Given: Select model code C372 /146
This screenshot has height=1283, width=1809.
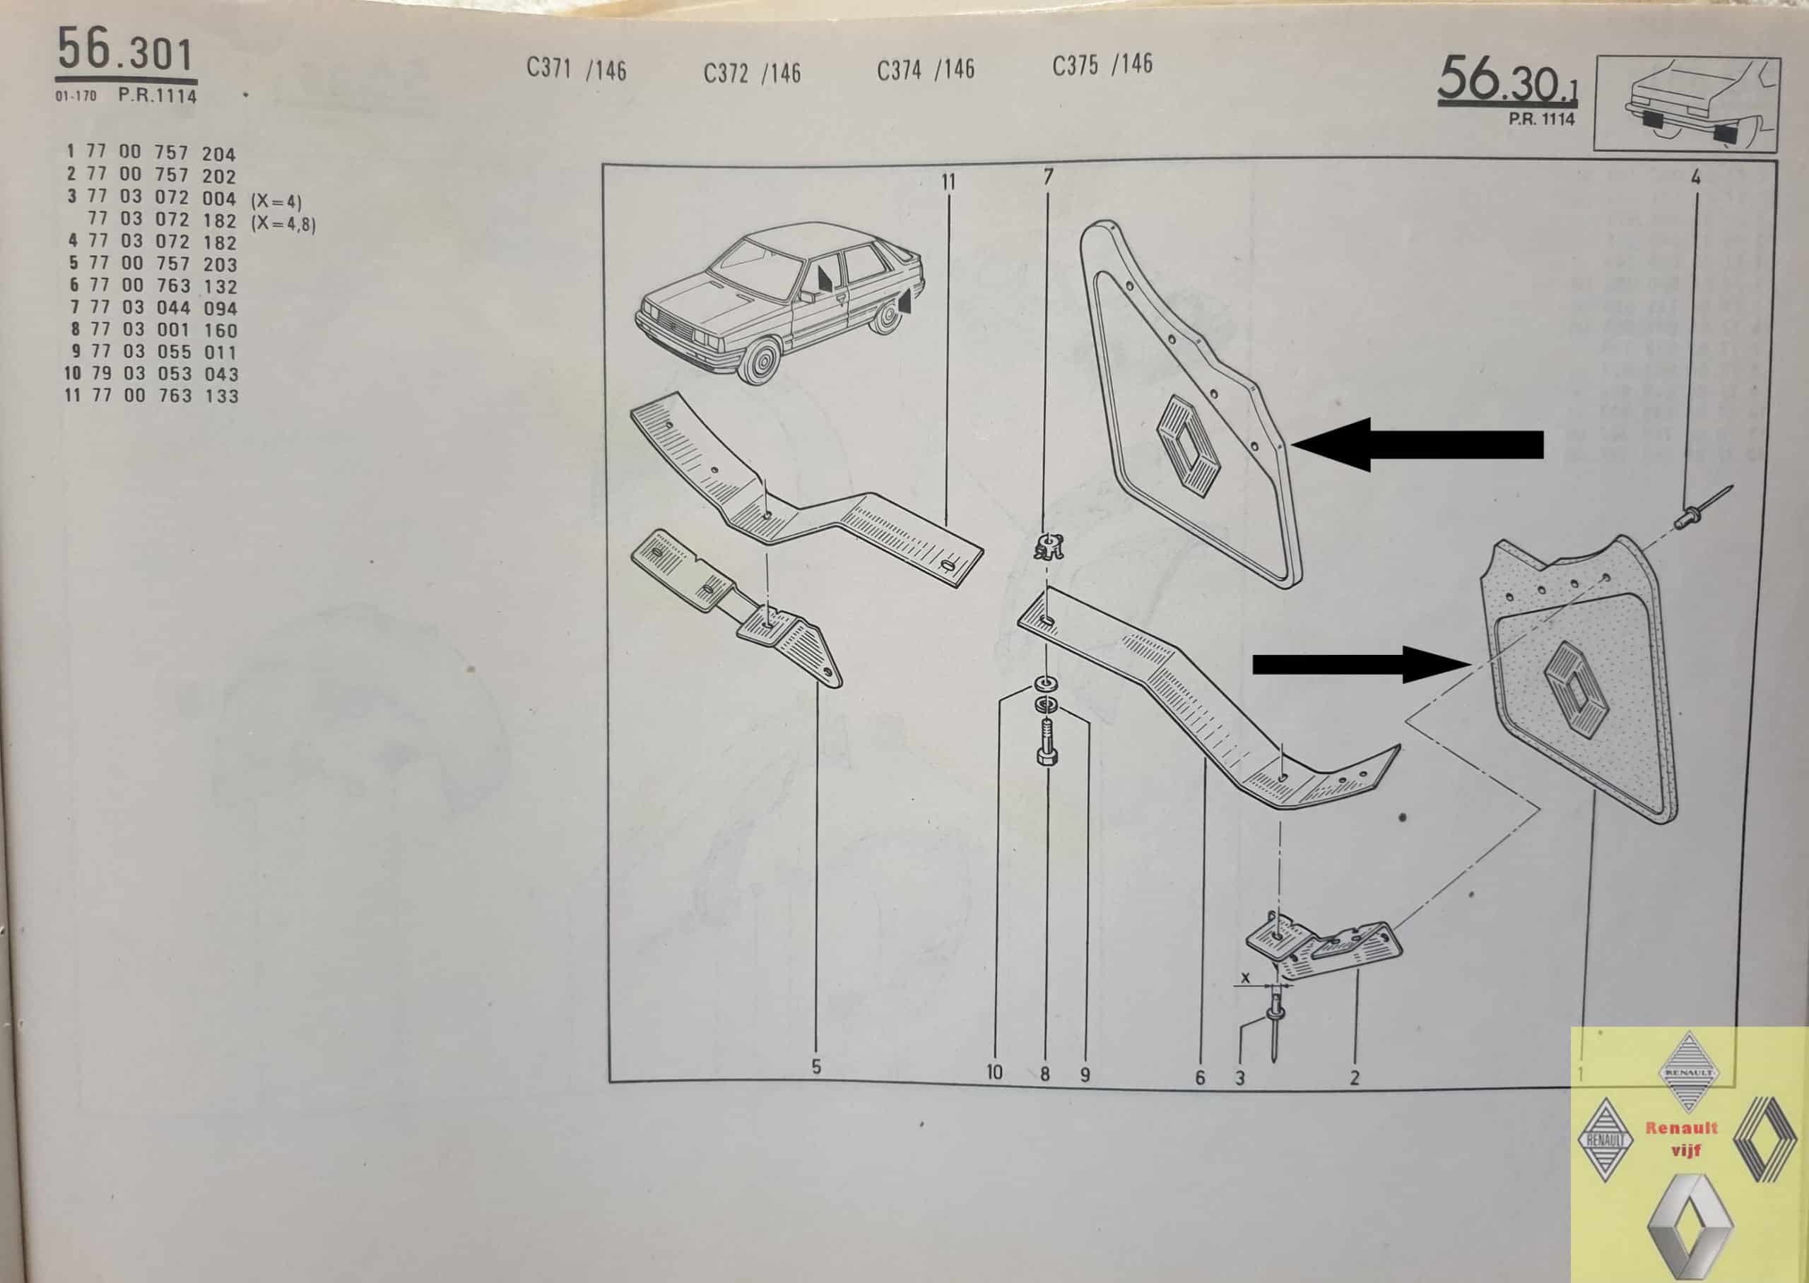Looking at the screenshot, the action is click(x=752, y=73).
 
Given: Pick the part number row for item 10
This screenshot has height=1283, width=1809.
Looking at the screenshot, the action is click(x=151, y=374).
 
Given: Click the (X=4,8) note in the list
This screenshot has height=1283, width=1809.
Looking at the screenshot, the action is click(x=283, y=223).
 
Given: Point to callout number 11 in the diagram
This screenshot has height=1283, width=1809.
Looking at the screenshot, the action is click(x=948, y=182).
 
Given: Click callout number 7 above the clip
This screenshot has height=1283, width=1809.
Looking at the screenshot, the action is click(x=1048, y=177).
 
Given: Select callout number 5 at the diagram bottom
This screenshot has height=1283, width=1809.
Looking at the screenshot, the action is click(x=816, y=1067).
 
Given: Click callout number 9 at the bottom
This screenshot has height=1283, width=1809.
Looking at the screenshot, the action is click(x=1085, y=1075).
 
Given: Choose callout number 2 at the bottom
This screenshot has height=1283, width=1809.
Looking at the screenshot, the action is click(x=1355, y=1077).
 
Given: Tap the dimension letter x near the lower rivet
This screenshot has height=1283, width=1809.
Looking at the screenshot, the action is click(x=1246, y=978).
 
